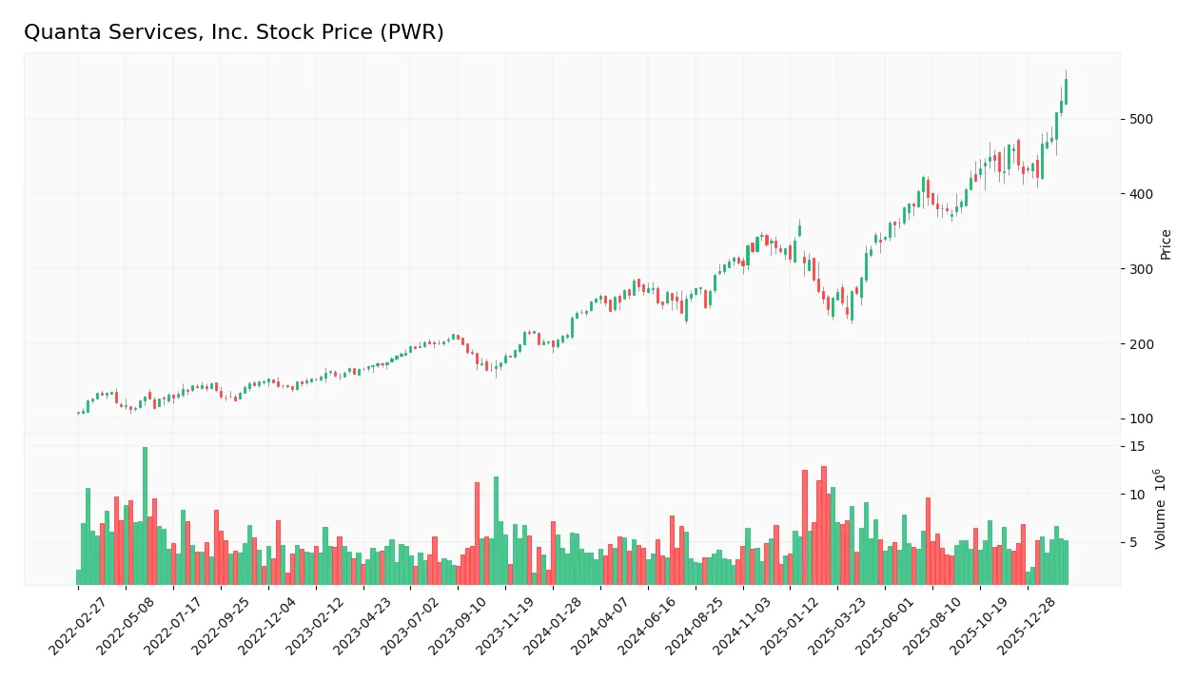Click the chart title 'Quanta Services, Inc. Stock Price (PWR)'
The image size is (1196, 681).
234,32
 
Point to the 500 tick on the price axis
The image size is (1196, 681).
1141,119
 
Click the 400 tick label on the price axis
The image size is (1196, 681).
1141,194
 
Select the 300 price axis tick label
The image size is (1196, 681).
1141,269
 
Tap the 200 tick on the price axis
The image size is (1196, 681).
1141,344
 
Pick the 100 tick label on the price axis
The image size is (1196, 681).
1141,419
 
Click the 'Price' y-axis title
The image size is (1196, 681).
1167,244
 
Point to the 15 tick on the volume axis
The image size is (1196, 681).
1137,447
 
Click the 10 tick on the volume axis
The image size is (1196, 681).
1137,495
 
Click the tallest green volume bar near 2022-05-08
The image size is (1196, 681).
145,515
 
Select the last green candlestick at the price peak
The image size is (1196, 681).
1066,91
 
